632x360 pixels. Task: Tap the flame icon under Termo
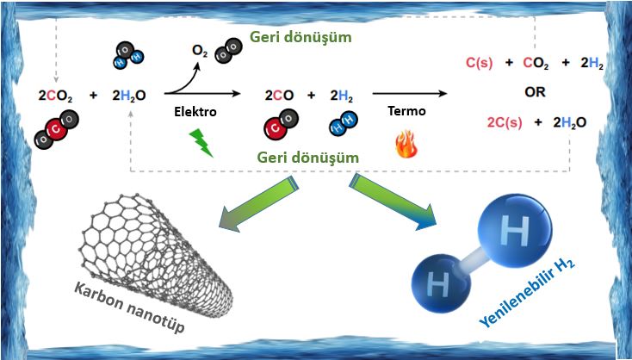point(406,144)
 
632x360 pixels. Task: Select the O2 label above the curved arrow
point(200,53)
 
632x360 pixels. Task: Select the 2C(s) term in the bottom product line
point(487,122)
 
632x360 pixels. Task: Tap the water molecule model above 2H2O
point(127,56)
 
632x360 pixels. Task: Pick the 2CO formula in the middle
point(280,96)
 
